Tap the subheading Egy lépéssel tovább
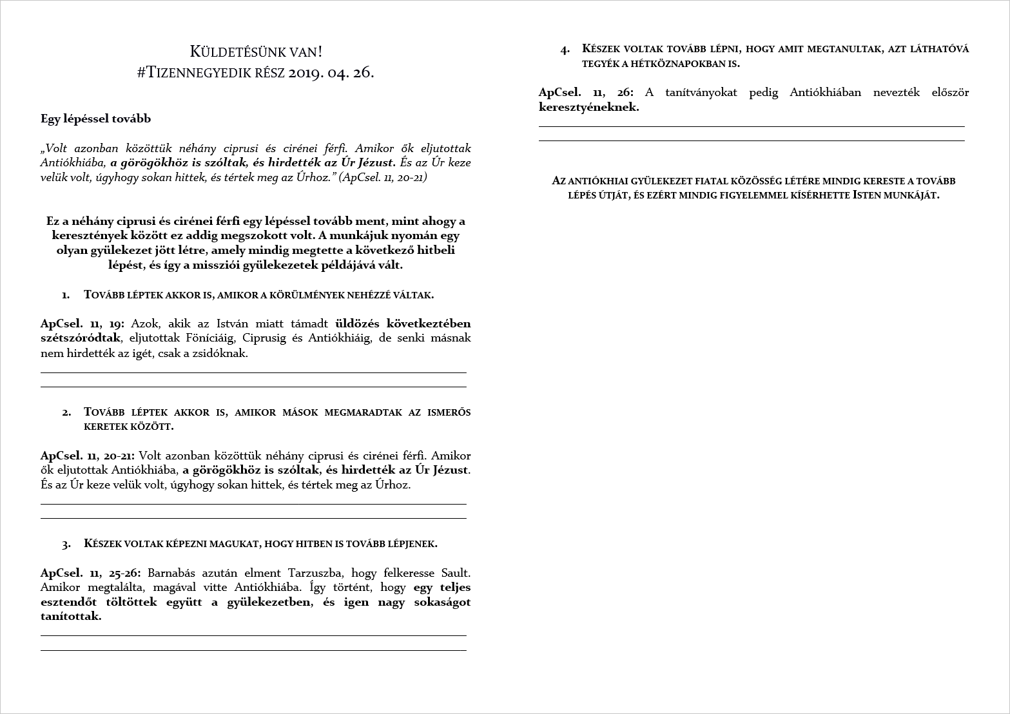(x=95, y=119)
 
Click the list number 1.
(x=66, y=295)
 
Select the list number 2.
(x=66, y=412)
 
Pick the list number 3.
(x=66, y=544)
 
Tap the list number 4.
(x=565, y=50)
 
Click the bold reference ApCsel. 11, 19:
(x=83, y=323)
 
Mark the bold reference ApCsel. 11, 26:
(x=586, y=92)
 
